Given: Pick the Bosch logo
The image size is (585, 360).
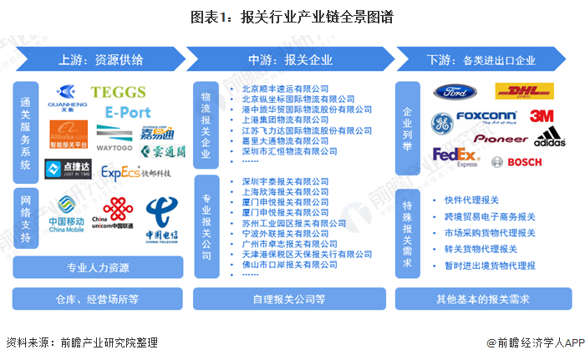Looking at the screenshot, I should (x=518, y=161).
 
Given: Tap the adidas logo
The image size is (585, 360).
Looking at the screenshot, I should (x=549, y=137).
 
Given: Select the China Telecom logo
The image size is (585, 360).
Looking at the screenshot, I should (x=163, y=217).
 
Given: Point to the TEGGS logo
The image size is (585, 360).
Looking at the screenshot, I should (x=118, y=92).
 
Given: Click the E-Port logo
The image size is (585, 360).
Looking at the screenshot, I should (x=128, y=111).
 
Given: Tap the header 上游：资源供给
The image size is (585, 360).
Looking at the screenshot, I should (x=99, y=60).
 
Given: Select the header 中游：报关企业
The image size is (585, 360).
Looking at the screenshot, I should (x=296, y=60).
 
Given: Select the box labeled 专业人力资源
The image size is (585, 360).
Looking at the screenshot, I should (x=99, y=268).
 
